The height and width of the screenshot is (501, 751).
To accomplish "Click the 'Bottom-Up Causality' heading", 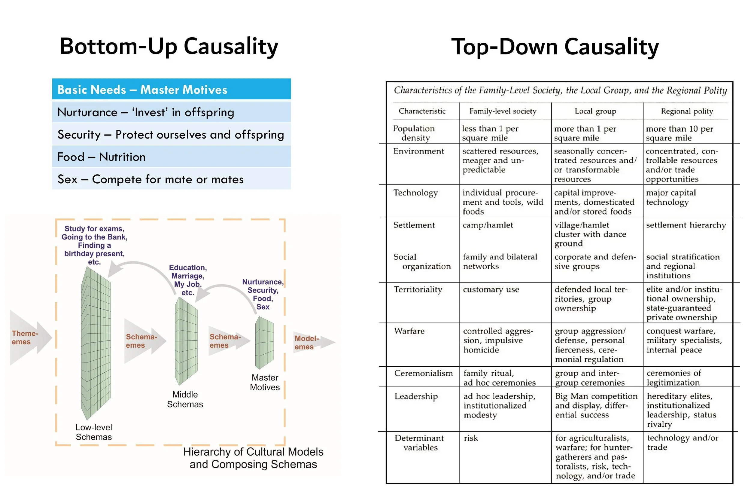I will coord(169,47).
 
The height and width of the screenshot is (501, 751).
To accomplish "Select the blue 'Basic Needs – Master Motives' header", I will coord(172,90).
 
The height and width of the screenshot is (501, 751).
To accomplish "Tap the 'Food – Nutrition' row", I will coord(172,157).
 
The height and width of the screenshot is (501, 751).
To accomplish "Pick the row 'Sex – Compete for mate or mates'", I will coord(172,179).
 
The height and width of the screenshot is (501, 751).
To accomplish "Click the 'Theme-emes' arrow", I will coord(29,338).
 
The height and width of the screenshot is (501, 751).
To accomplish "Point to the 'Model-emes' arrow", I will coord(311,343).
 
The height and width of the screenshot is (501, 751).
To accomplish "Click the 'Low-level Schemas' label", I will coord(93,432).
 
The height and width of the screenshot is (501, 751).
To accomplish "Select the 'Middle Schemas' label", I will coord(185,399).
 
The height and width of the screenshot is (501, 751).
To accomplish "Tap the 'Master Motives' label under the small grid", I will coord(265,383).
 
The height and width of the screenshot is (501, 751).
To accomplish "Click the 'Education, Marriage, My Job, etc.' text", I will coord(188,280).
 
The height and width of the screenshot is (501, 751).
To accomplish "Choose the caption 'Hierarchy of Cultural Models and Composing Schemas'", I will coord(253,458).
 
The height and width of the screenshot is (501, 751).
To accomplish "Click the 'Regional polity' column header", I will coord(687,111).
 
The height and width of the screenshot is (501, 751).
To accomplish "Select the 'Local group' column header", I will coord(595,111).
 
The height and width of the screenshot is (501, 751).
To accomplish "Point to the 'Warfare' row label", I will coord(409,331).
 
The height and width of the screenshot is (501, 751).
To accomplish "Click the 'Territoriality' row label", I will coord(418,289).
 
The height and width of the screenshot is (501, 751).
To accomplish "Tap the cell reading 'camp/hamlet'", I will coord(488,225).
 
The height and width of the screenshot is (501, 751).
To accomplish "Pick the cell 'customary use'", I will coord(491,289).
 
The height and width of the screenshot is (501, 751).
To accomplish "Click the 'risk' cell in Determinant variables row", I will coord(471,438).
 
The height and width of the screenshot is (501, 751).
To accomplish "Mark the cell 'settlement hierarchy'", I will coord(686,225).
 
